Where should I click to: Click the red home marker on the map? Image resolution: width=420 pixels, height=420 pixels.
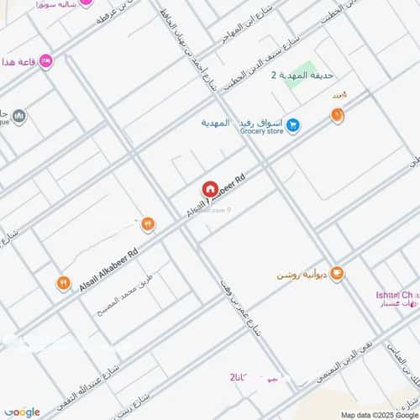click(209, 190)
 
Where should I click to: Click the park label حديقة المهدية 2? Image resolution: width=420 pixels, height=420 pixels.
click(297, 76)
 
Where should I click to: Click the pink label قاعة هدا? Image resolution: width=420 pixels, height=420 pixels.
click(18, 63)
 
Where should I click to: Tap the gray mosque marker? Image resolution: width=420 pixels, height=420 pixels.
click(18, 116)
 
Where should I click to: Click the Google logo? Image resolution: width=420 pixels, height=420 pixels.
click(22, 412)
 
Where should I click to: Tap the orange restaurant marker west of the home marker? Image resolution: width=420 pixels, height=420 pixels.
click(148, 223)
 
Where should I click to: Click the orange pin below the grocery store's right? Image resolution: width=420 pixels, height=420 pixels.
click(337, 114)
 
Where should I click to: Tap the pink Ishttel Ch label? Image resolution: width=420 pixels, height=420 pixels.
click(393, 296)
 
